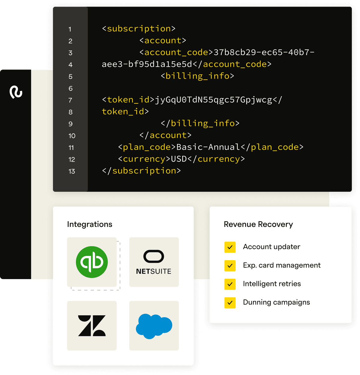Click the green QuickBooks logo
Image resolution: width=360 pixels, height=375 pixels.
[92, 262]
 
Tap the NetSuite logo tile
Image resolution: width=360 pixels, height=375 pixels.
[154, 262]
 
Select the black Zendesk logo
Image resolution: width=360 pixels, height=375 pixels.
[92, 326]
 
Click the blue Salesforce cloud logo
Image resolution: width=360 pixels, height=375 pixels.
[154, 326]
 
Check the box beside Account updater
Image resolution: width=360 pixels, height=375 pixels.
[230, 247]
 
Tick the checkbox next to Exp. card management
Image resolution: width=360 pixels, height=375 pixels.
[230, 266]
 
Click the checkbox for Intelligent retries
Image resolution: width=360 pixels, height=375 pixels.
[230, 284]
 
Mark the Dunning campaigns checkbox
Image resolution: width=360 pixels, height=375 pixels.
[230, 303]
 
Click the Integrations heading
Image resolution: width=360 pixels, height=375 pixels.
[90, 224]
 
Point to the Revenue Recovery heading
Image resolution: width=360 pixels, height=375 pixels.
[258, 224]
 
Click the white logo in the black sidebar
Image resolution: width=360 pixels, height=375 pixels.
[16, 92]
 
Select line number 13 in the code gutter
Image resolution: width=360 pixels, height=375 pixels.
[72, 171]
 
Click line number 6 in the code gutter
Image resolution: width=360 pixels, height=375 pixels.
[70, 88]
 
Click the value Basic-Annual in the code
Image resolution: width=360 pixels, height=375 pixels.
[208, 147]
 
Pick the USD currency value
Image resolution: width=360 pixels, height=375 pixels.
[179, 159]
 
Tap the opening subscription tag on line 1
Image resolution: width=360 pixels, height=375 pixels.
[139, 29]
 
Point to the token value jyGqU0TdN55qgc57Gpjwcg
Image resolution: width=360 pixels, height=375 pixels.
[213, 100]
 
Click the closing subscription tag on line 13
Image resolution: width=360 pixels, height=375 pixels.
[141, 171]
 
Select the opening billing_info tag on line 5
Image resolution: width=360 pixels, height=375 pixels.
[197, 76]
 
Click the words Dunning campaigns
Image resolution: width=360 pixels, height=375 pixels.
[276, 302]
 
